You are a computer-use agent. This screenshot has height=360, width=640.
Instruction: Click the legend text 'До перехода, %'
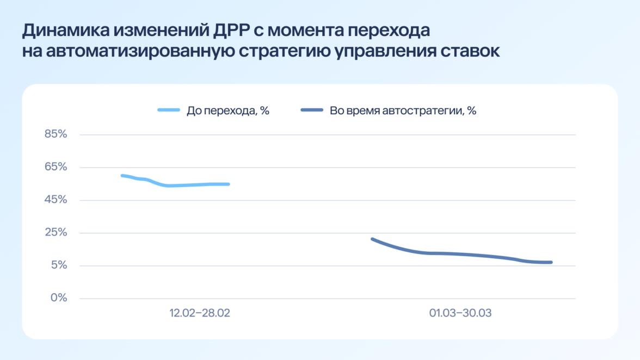228,111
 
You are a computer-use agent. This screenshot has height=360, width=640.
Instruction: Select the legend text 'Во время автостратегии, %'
403,111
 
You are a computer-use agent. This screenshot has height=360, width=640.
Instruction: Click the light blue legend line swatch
169,110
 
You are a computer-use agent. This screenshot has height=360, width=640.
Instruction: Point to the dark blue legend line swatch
312,110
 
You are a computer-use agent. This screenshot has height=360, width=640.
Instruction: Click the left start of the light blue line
122,175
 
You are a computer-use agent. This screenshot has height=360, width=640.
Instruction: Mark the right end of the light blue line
229,184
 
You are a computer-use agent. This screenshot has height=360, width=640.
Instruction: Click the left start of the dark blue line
372,239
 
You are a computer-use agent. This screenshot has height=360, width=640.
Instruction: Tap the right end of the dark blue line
551,262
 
